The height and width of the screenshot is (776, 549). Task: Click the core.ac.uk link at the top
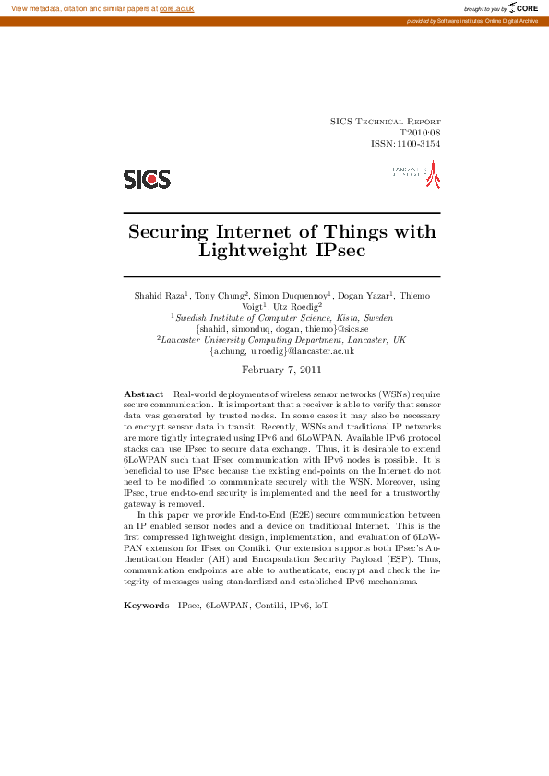(x=176, y=8)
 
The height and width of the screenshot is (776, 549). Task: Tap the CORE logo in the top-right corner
(x=523, y=8)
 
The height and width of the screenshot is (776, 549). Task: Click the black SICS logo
(x=148, y=179)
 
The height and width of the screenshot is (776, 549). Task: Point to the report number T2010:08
(x=420, y=133)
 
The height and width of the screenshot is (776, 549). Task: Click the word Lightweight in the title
(x=251, y=250)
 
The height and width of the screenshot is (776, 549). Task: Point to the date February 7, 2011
(x=281, y=370)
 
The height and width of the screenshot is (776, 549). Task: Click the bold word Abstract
(x=144, y=394)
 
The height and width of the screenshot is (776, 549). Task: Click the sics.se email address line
(x=281, y=328)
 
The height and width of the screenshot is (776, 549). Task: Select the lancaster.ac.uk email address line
(x=281, y=351)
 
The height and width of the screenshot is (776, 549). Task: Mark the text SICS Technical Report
(x=385, y=122)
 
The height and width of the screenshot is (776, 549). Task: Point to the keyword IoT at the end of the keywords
(x=321, y=606)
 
